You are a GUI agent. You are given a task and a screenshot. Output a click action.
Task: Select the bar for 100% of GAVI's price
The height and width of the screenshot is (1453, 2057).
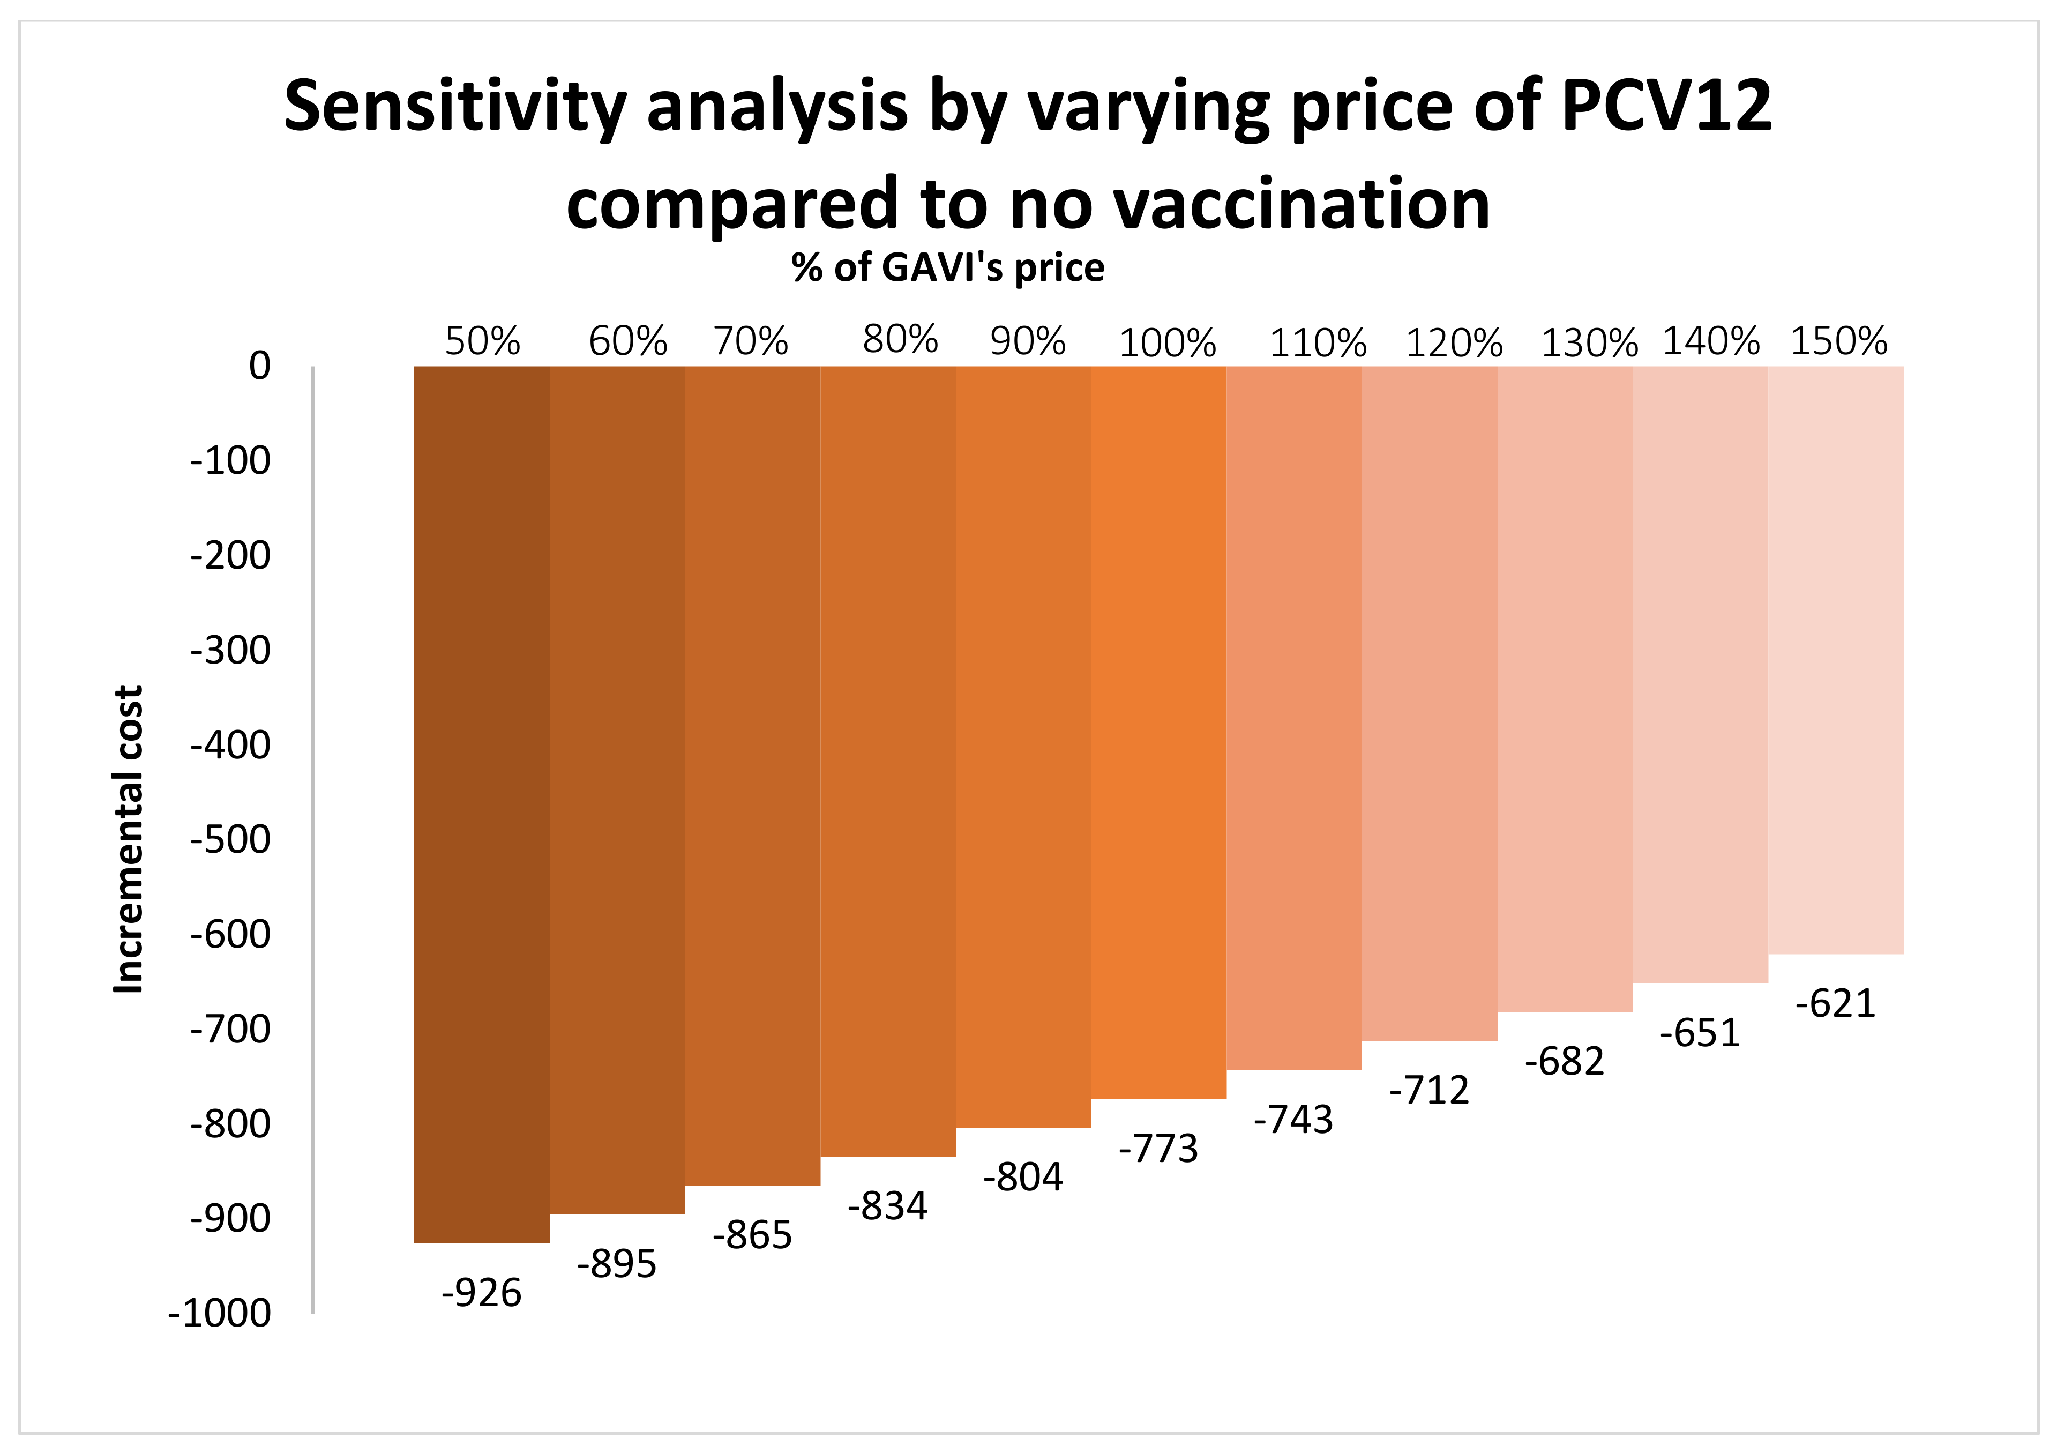(x=1158, y=732)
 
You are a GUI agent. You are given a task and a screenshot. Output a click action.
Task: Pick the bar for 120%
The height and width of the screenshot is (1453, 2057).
(x=1429, y=704)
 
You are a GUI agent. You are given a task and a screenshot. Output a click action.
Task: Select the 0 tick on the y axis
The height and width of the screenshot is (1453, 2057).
(x=260, y=366)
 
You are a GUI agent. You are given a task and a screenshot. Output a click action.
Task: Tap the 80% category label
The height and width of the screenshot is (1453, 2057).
(x=900, y=340)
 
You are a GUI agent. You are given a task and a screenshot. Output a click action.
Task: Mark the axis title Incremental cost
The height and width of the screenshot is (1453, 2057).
(x=128, y=840)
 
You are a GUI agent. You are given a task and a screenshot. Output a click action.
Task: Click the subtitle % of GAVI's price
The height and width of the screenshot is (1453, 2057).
(x=948, y=268)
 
